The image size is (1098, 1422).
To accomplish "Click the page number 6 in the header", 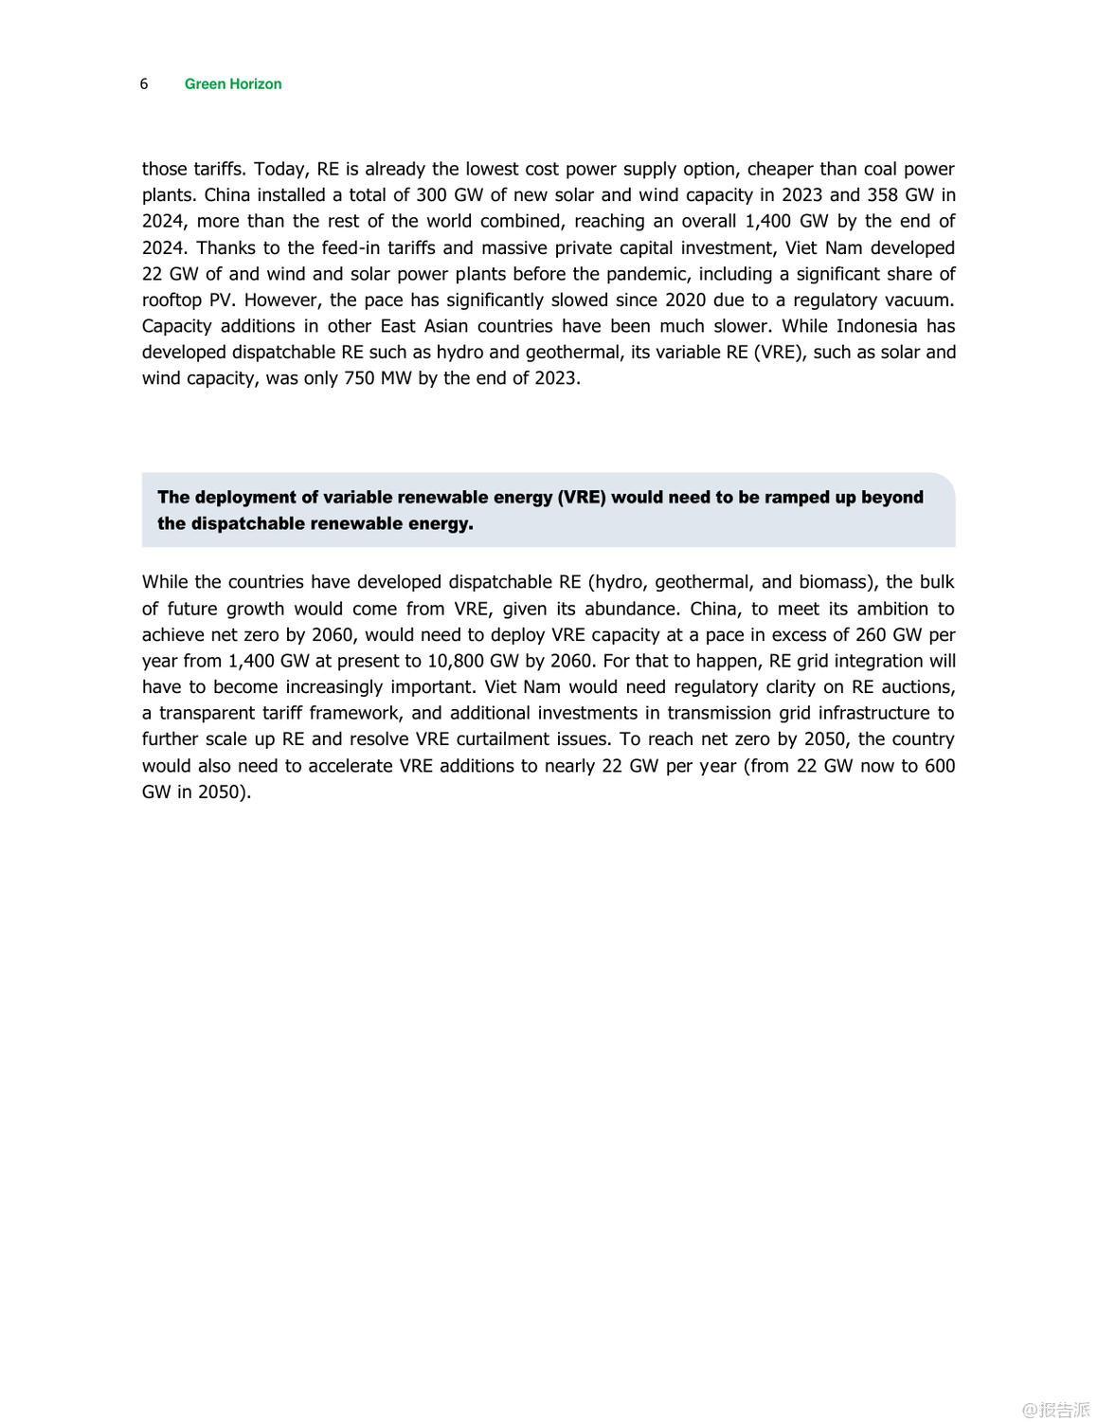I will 144,83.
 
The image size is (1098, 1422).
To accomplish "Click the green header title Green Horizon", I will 233,83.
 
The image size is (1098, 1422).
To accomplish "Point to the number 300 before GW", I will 431,195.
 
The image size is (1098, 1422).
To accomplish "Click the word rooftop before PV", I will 171,300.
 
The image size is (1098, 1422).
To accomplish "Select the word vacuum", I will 917,300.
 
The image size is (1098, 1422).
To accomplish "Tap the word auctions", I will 917,687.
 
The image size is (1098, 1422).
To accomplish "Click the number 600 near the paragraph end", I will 939,766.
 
